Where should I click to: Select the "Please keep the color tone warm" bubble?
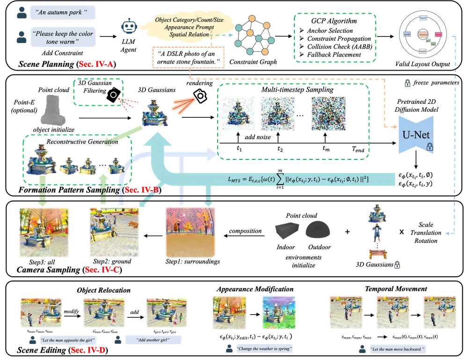point(63,37)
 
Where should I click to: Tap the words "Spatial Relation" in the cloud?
point(190,35)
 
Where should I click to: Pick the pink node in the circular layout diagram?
point(439,35)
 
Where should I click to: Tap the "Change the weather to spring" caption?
point(265,349)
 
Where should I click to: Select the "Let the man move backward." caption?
point(397,349)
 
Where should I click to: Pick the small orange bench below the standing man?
point(376,254)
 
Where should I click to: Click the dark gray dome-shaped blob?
point(318,229)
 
